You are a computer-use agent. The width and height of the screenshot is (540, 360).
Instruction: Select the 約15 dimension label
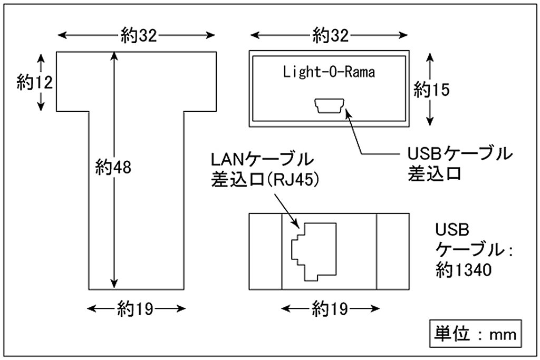[x=431, y=90]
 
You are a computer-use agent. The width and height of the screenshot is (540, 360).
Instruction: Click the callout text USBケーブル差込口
[x=459, y=164]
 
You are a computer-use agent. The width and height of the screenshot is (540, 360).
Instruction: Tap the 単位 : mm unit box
[x=475, y=334]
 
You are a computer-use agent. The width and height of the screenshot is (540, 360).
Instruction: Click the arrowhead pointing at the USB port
[x=348, y=112]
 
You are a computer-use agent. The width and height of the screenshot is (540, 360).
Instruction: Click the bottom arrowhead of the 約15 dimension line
[x=431, y=120]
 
